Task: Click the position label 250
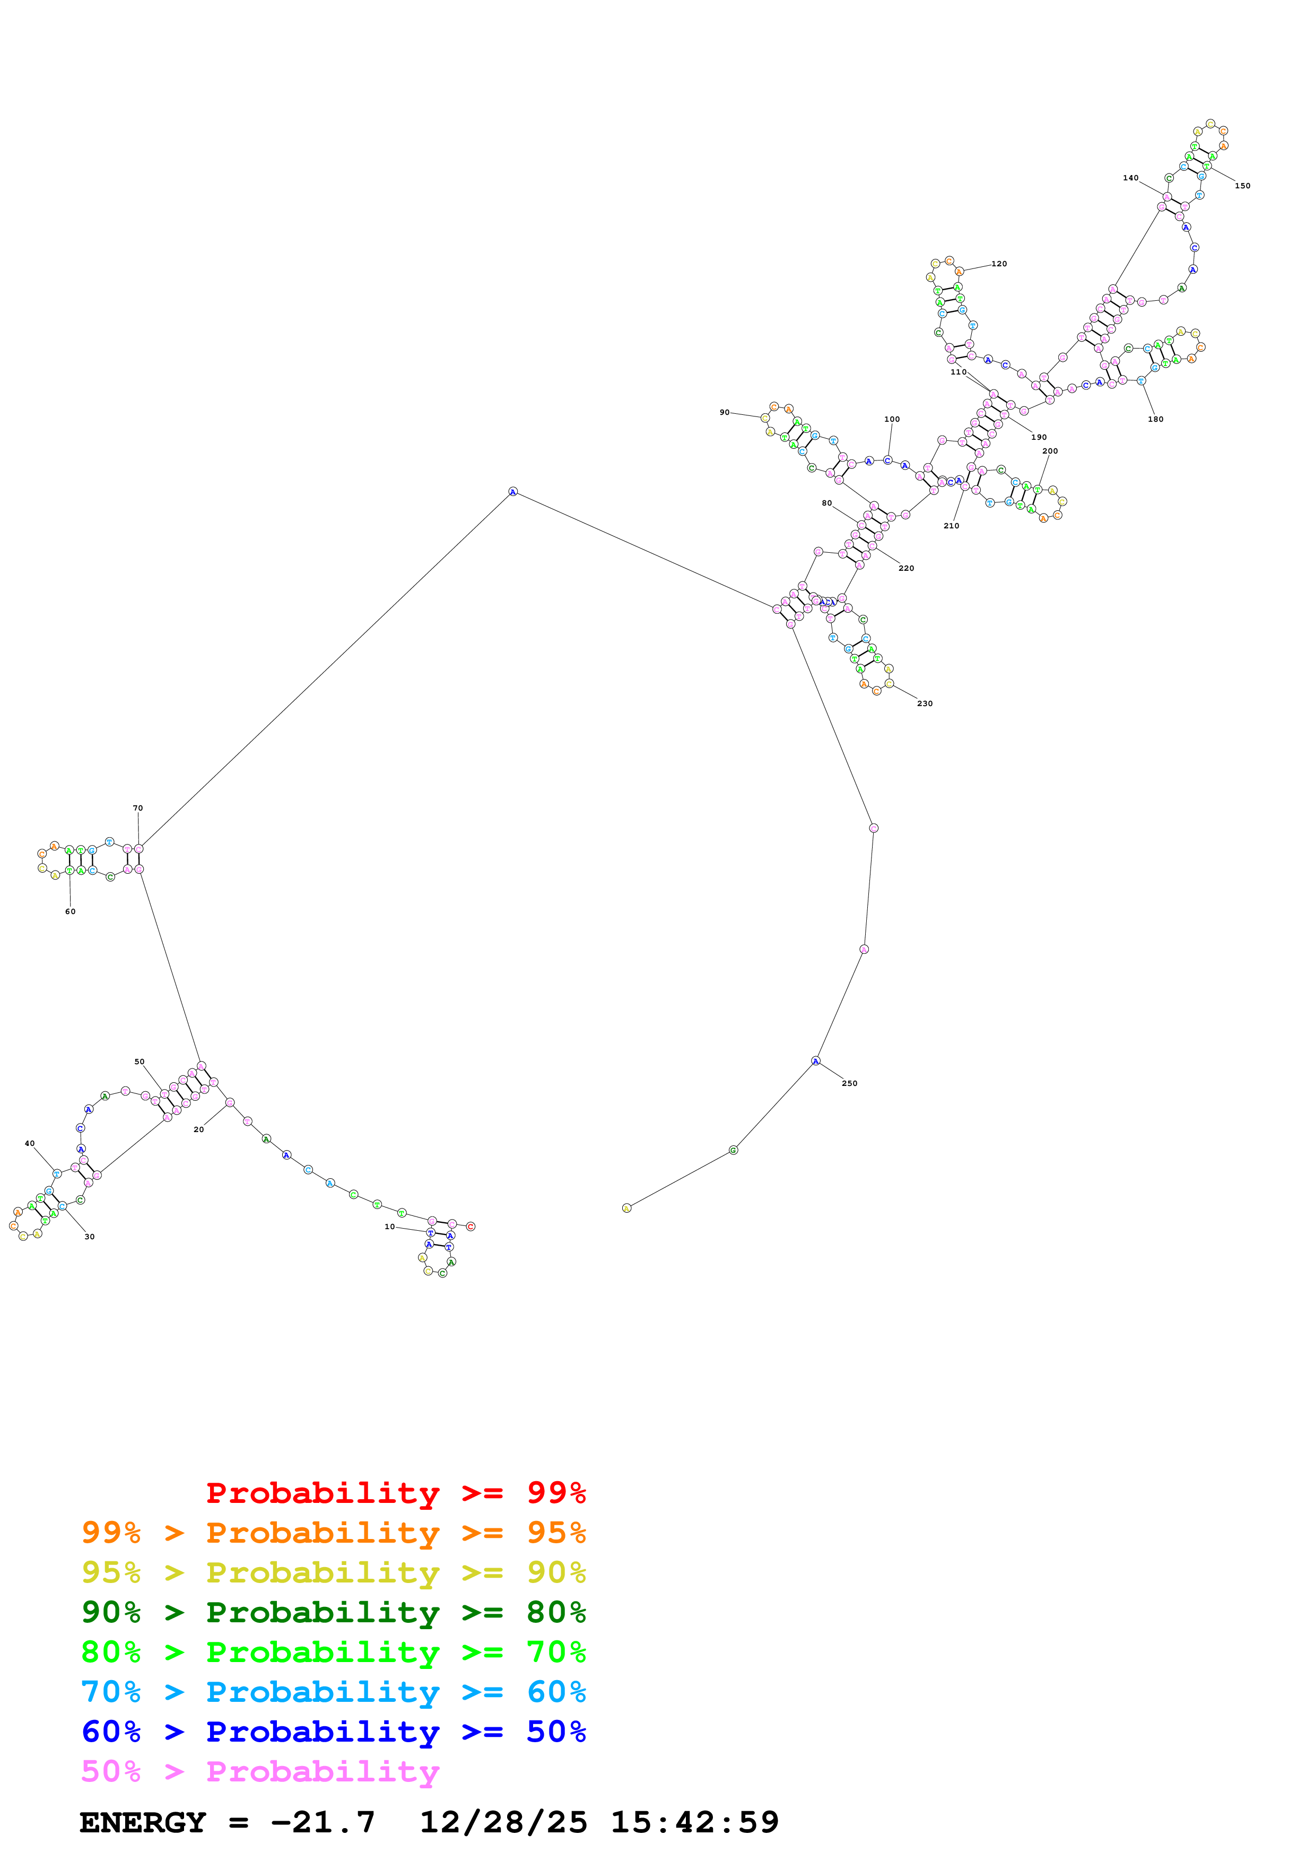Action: coord(849,1083)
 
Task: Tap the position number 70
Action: coord(138,808)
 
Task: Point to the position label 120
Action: coord(999,264)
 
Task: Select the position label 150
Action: coord(1242,186)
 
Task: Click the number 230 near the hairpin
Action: coord(925,703)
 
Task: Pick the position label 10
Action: coord(390,1227)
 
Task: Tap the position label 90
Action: coord(725,413)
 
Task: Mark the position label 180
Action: coord(1155,419)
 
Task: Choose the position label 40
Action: coord(30,1144)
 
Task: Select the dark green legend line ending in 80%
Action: coord(333,1612)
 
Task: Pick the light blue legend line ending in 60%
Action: coord(333,1692)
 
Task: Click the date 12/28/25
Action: coord(503,1822)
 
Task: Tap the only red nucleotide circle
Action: coord(471,1227)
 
